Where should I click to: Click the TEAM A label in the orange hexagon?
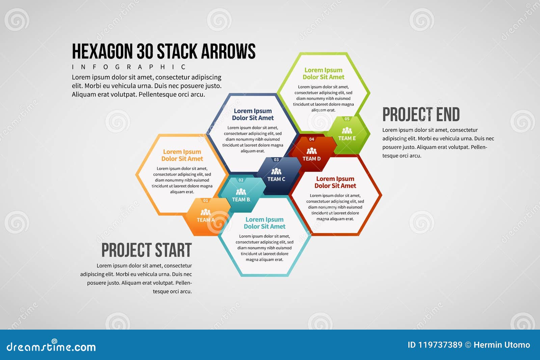pos(206,220)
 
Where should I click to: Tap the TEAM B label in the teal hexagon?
pos(241,200)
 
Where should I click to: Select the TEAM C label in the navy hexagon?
pos(276,179)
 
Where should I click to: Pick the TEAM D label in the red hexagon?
pos(312,159)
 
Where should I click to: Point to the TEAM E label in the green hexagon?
pos(347,138)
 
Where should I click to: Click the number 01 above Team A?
pos(206,201)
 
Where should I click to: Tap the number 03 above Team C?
pos(276,160)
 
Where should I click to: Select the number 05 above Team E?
pos(347,119)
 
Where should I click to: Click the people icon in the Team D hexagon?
pos(312,151)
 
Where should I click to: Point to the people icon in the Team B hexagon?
pos(241,192)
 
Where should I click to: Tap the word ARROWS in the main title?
pos(228,52)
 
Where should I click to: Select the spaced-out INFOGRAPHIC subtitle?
pos(129,67)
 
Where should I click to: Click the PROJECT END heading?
pos(421,114)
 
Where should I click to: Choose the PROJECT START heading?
pos(146,250)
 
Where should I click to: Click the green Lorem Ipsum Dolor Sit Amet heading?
pos(323,74)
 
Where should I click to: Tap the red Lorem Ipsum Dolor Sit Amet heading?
pos(335,182)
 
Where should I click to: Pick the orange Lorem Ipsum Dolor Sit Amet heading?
pos(182,155)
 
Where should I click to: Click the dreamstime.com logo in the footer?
pos(51,346)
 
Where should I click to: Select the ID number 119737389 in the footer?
pos(440,345)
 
